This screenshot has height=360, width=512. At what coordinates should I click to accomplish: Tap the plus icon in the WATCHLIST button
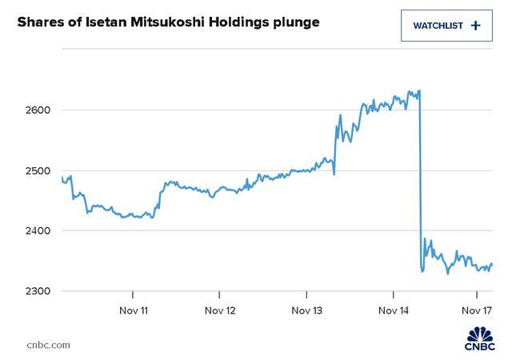[476, 26]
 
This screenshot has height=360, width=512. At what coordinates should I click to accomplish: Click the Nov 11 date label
[133, 310]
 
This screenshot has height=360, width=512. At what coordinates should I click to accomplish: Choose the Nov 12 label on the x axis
[220, 310]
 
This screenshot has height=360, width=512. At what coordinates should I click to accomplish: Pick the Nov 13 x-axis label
[306, 310]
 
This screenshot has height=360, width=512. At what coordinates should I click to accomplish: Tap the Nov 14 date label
[393, 310]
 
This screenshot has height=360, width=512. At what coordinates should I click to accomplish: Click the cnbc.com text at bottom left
[48, 345]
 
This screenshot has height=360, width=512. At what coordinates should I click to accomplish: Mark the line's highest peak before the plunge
[420, 90]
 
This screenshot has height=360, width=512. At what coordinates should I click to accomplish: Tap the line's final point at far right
[492, 264]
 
